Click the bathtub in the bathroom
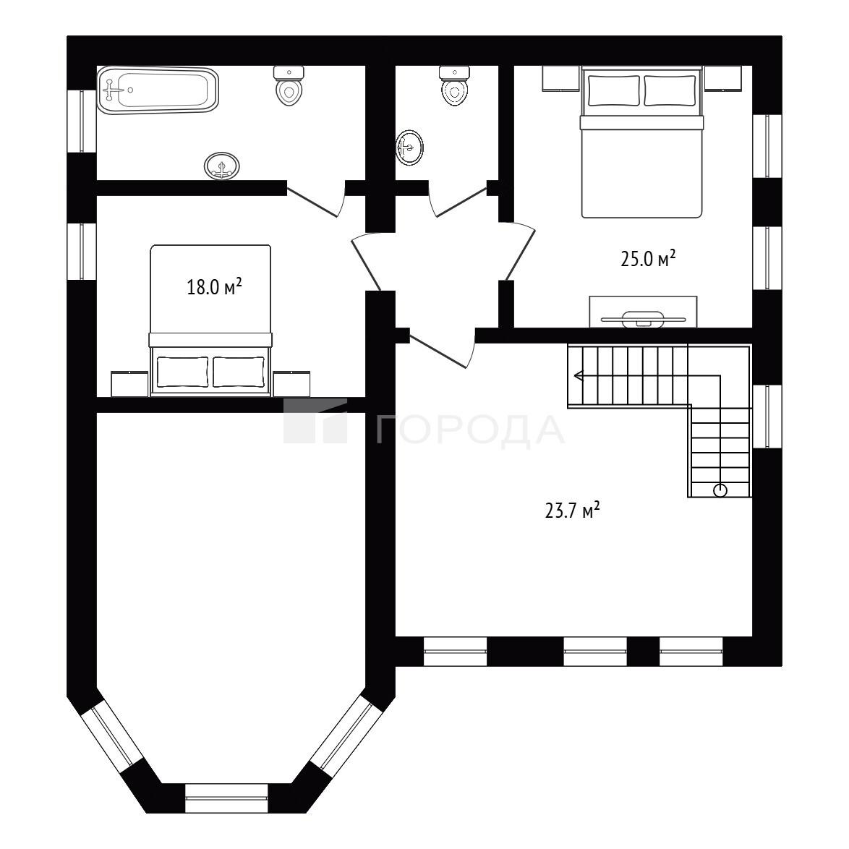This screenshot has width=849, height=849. point(158,90)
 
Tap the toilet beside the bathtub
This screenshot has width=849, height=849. point(289,85)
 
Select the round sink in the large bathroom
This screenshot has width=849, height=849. point(222,166)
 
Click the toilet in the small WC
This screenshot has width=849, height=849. point(454,85)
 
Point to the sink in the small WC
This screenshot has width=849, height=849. point(409,148)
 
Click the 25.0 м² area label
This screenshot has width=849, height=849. point(648,259)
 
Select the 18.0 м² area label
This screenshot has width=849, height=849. point(214,286)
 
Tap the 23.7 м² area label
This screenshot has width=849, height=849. point(572,510)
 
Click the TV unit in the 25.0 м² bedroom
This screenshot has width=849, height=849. point(643,312)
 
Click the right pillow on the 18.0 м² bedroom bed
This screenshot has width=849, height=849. point(239,372)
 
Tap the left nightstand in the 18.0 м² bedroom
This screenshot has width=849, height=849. point(129,384)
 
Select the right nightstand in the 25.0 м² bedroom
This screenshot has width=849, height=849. point(723,79)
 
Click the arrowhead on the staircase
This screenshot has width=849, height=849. point(578,375)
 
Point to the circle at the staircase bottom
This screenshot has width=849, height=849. point(720,491)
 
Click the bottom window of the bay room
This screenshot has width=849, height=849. point(227,798)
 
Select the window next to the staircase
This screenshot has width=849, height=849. point(767,417)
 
